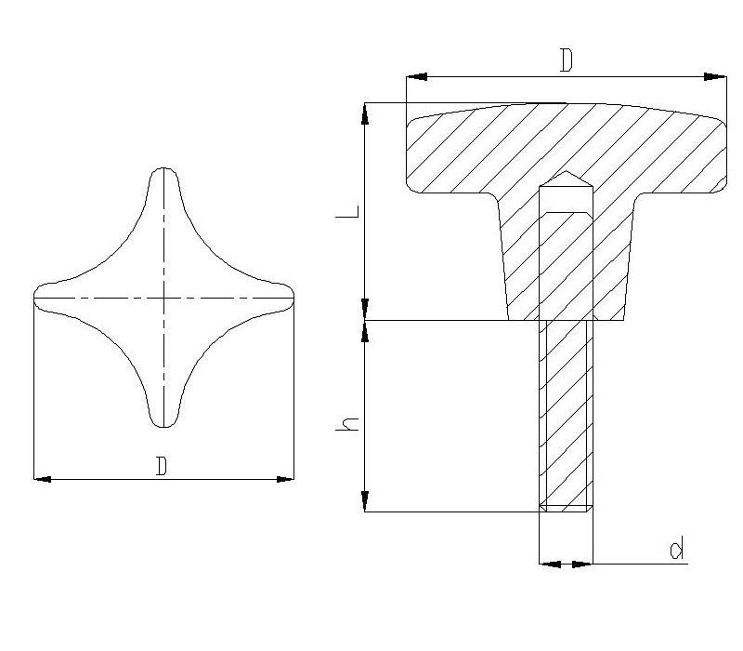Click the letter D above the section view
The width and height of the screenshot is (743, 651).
click(x=567, y=60)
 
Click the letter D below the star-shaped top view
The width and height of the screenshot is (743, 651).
click(x=162, y=466)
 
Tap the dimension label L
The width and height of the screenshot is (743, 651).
click(x=347, y=212)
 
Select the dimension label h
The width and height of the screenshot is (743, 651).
click(x=347, y=425)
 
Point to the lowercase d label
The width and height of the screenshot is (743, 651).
click(x=677, y=548)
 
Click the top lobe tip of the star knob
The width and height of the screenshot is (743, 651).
click(x=164, y=168)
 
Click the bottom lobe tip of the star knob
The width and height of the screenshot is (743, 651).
click(x=164, y=427)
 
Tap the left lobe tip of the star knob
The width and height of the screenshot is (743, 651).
click(x=34, y=298)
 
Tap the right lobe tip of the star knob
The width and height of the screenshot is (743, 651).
click(x=293, y=298)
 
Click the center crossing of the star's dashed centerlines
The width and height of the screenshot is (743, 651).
click(x=164, y=298)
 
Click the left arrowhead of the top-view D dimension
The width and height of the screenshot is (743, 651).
click(x=42, y=479)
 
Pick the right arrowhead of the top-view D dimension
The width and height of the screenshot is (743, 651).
click(x=285, y=479)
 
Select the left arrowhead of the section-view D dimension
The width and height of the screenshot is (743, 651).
click(x=416, y=76)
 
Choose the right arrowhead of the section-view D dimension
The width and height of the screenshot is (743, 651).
click(x=715, y=76)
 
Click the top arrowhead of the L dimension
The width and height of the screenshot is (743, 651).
click(x=365, y=113)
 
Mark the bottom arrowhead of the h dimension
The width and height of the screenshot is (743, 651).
click(x=365, y=501)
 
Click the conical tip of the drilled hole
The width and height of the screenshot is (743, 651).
click(x=567, y=172)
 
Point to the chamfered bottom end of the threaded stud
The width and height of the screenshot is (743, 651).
click(x=567, y=508)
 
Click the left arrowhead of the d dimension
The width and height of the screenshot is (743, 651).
click(x=550, y=565)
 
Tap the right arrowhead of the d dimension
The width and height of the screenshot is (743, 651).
click(x=582, y=565)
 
